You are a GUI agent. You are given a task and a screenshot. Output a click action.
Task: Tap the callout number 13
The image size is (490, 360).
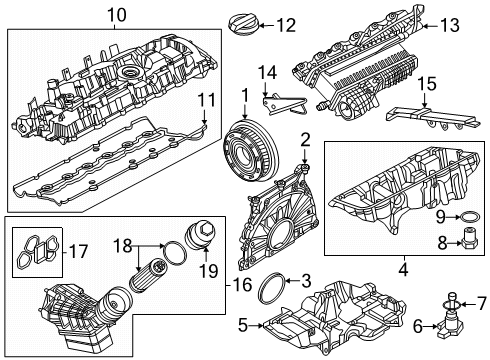[x=449, y=26]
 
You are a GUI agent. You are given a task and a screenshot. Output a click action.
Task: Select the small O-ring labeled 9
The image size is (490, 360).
[x=469, y=217]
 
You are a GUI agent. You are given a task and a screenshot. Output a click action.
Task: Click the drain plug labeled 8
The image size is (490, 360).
[x=470, y=240]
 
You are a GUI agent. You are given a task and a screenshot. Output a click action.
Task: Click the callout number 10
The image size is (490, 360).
[x=117, y=15]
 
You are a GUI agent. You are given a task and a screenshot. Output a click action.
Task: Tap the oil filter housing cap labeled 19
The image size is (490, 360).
[x=201, y=236]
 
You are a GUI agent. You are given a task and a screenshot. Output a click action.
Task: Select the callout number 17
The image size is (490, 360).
[x=78, y=252]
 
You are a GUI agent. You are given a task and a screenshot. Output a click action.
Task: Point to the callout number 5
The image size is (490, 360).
[x=243, y=325]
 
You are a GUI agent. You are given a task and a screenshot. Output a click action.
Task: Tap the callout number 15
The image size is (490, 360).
[x=427, y=84]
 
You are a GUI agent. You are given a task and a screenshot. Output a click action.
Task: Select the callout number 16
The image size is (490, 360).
[x=242, y=284]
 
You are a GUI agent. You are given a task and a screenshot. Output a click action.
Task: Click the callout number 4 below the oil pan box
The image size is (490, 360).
[x=404, y=269]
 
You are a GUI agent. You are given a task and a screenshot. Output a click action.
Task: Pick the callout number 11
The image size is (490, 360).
[x=206, y=100]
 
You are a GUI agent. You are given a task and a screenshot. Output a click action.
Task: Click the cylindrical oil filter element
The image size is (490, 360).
[x=147, y=275]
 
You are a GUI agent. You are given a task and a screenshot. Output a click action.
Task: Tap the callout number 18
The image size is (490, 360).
[x=122, y=246]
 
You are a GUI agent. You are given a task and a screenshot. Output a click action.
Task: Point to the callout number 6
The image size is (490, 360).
[x=418, y=326]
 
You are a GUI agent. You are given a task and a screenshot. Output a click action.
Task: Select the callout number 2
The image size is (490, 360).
[x=305, y=140]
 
